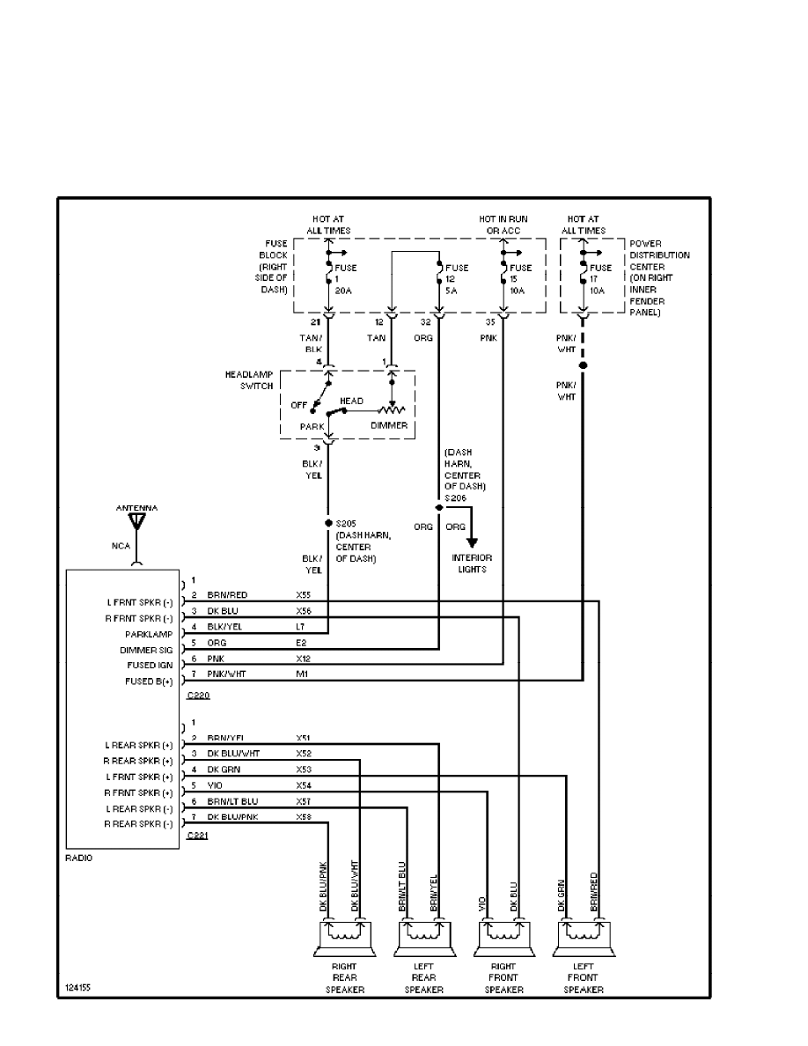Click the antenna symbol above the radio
[x=136, y=521]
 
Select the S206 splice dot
[x=437, y=508]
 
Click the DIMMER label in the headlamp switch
[x=388, y=425]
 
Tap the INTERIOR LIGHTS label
[x=473, y=564]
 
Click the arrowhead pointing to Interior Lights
[x=473, y=541]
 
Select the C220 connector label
[x=198, y=696]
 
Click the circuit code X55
[x=304, y=594]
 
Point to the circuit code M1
[x=301, y=674]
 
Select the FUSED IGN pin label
[x=152, y=666]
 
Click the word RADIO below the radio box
[x=79, y=858]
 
